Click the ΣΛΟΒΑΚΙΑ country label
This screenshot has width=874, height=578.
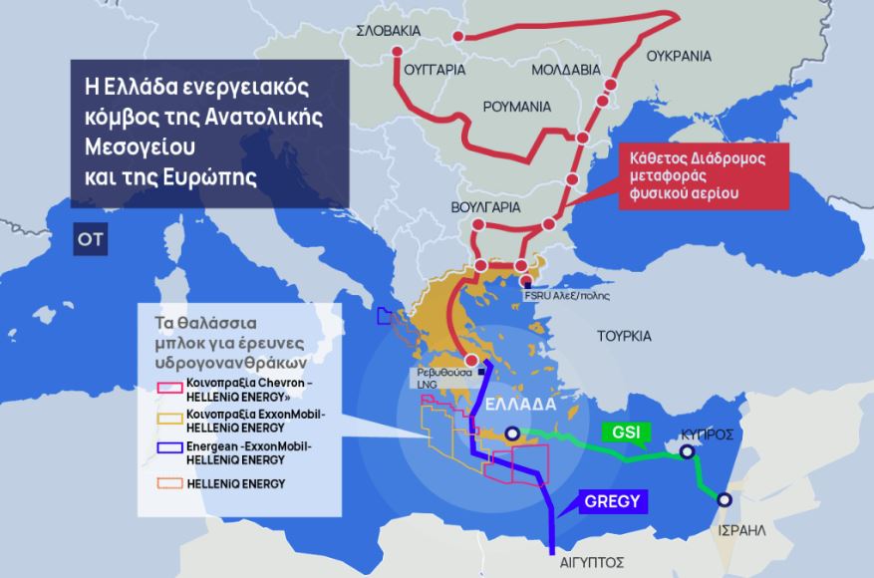pyautogui.click(x=394, y=31)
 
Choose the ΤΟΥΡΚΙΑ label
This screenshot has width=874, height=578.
pyautogui.click(x=624, y=336)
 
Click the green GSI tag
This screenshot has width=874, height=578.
pyautogui.click(x=626, y=433)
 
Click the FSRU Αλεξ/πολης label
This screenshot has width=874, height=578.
pyautogui.click(x=567, y=296)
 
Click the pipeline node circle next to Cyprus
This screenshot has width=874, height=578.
pyautogui.click(x=687, y=452)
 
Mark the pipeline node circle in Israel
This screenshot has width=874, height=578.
pyautogui.click(x=725, y=500)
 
